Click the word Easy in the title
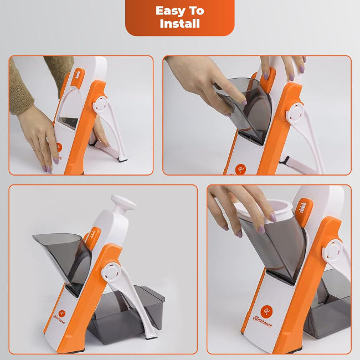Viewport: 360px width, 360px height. pos(170,11)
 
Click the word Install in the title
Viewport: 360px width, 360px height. pos(179,24)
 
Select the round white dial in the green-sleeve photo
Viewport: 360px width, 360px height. pos(101,105)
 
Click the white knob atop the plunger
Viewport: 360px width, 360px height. pos(124,203)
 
